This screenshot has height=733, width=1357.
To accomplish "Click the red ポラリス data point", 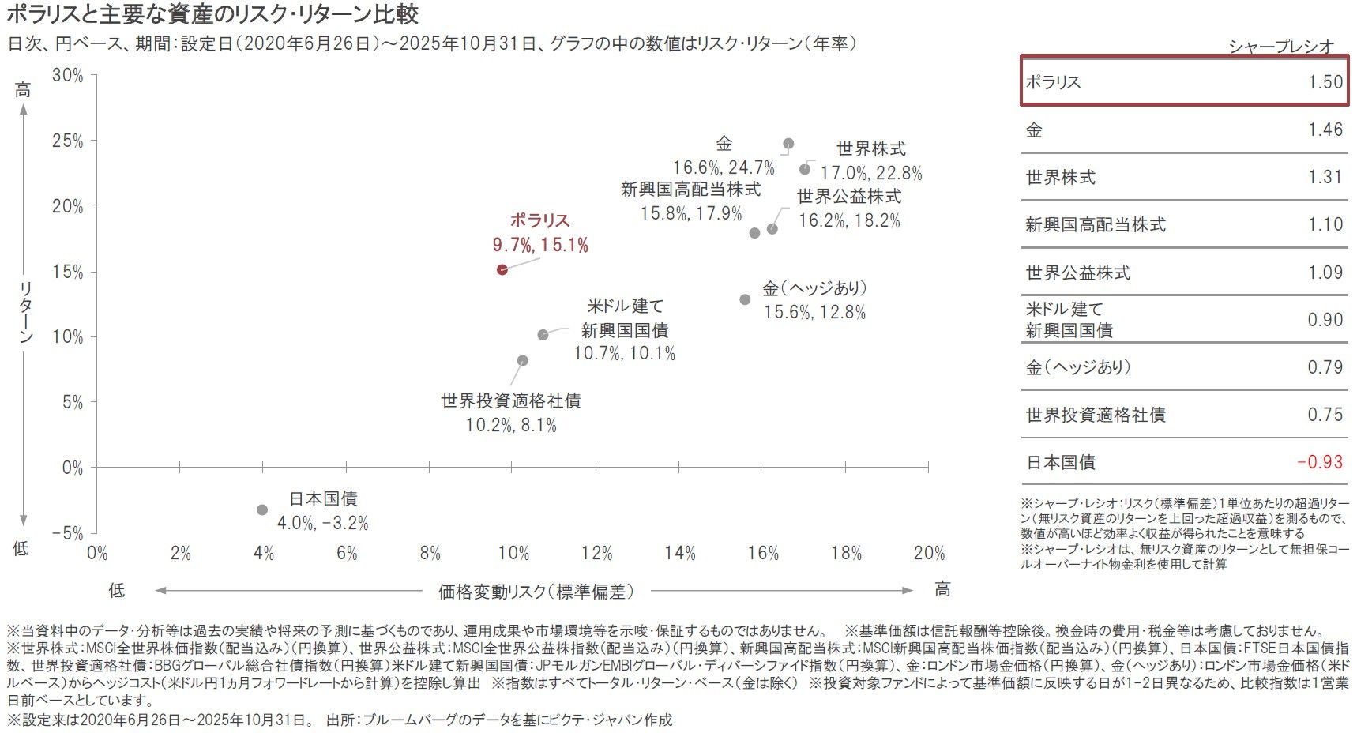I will (502, 269).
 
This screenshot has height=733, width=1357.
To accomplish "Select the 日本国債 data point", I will (262, 509).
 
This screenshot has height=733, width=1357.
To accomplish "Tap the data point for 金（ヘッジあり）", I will (745, 299).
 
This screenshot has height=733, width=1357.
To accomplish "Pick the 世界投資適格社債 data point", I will (522, 360).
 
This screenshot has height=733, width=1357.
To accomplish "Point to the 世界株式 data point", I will (805, 169).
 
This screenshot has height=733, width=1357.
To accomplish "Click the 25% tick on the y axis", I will (67, 141).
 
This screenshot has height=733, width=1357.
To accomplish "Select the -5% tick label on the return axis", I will (67, 533).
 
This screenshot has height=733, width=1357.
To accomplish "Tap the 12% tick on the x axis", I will (596, 554).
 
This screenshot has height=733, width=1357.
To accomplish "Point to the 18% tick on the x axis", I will (846, 554).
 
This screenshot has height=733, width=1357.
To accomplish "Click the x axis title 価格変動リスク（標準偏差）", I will (536, 591).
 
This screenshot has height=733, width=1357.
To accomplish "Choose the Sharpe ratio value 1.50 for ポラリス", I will (1325, 82).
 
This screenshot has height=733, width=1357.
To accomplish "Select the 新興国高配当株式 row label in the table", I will (1095, 225).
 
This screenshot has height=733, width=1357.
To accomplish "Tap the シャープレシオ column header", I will (1280, 47).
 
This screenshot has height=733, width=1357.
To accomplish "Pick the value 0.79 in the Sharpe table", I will (1325, 367).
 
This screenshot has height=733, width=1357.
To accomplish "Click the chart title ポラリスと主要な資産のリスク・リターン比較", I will (212, 14).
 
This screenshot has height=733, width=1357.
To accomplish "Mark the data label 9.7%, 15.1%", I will (540, 246).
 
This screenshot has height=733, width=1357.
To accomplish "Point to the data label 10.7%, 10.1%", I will (624, 354).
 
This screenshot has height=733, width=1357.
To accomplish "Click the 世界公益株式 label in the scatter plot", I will (848, 197).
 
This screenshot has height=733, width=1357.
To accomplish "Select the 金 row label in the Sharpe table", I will (1034, 130).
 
